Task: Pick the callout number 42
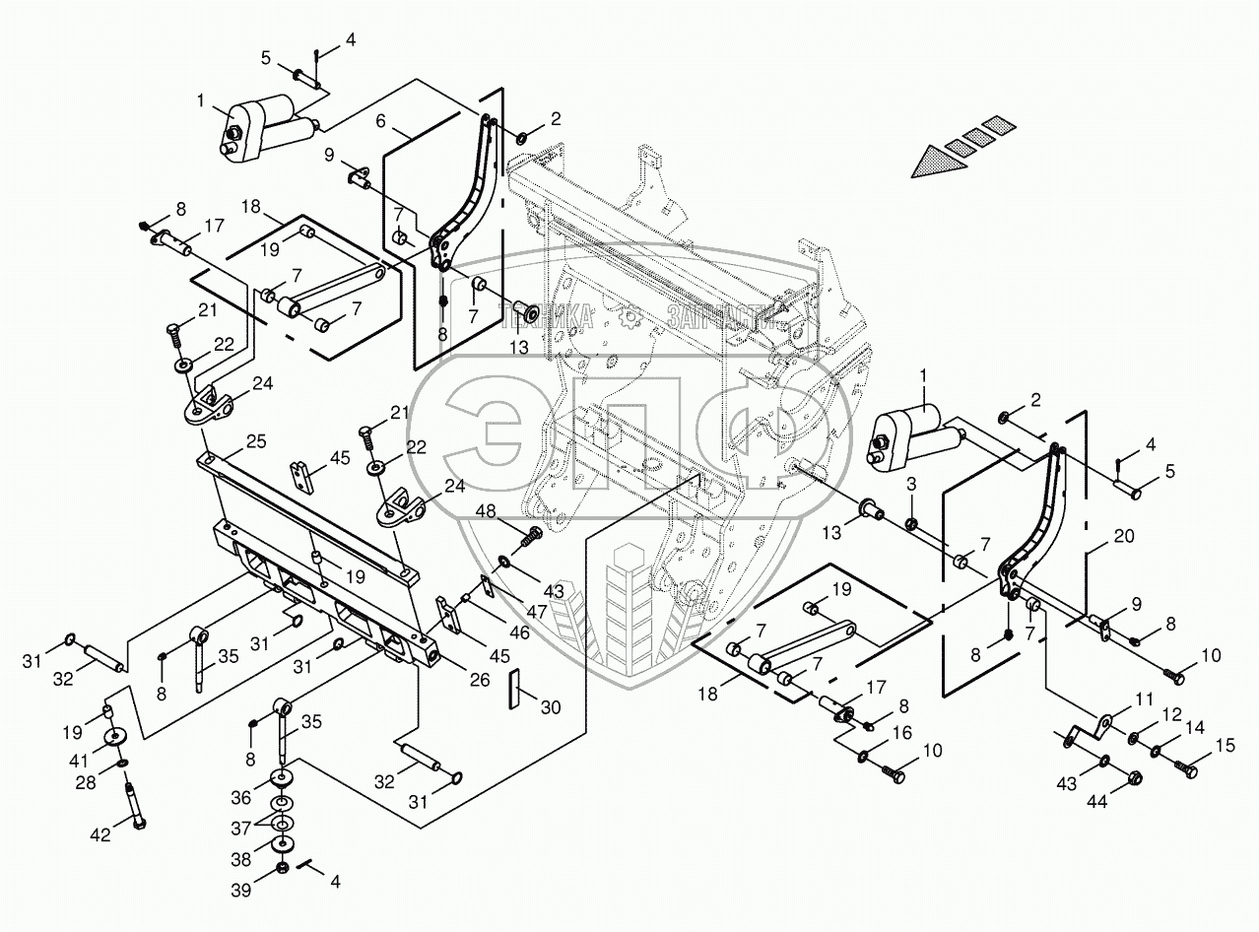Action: coord(100,833)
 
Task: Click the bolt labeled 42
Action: coord(134,800)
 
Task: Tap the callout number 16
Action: coord(902,734)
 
